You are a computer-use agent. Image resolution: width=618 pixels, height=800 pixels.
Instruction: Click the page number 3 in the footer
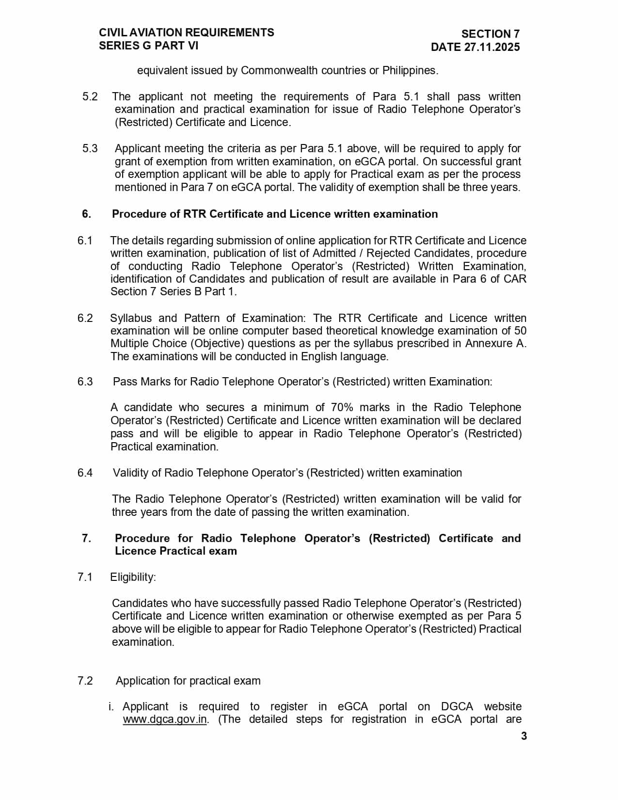click(523, 736)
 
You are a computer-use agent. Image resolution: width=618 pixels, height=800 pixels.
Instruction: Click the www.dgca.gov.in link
click(165, 720)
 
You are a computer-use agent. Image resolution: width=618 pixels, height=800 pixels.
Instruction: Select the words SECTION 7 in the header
click(490, 34)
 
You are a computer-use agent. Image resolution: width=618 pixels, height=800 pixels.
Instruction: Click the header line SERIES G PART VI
click(148, 46)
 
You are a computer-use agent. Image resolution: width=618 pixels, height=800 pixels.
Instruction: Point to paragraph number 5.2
click(90, 96)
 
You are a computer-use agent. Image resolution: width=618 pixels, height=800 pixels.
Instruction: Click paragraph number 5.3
click(90, 148)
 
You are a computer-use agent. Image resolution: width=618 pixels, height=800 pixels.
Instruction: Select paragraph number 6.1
click(85, 240)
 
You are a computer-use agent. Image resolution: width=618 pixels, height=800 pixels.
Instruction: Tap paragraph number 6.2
click(85, 318)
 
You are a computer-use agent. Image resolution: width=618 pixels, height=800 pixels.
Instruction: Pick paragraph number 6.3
click(85, 382)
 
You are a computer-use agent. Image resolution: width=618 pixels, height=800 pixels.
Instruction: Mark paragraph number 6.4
click(85, 473)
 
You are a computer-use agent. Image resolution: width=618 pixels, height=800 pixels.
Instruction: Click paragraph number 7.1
click(85, 577)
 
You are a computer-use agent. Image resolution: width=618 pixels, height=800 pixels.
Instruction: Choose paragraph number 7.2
click(85, 681)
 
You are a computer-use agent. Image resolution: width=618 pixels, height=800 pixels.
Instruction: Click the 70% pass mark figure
click(342, 407)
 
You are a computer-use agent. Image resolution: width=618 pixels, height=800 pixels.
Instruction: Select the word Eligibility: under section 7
click(133, 577)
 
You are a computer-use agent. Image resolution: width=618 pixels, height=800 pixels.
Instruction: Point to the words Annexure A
click(495, 343)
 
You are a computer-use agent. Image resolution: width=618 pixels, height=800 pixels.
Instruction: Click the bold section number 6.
click(86, 214)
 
